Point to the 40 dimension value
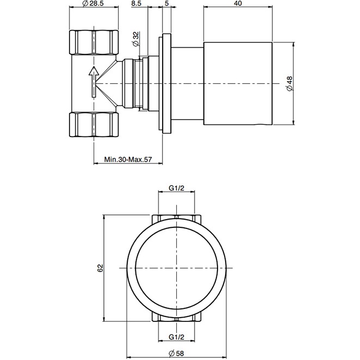click(237, 4)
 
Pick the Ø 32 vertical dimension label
click(135, 39)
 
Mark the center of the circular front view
click(176, 268)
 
